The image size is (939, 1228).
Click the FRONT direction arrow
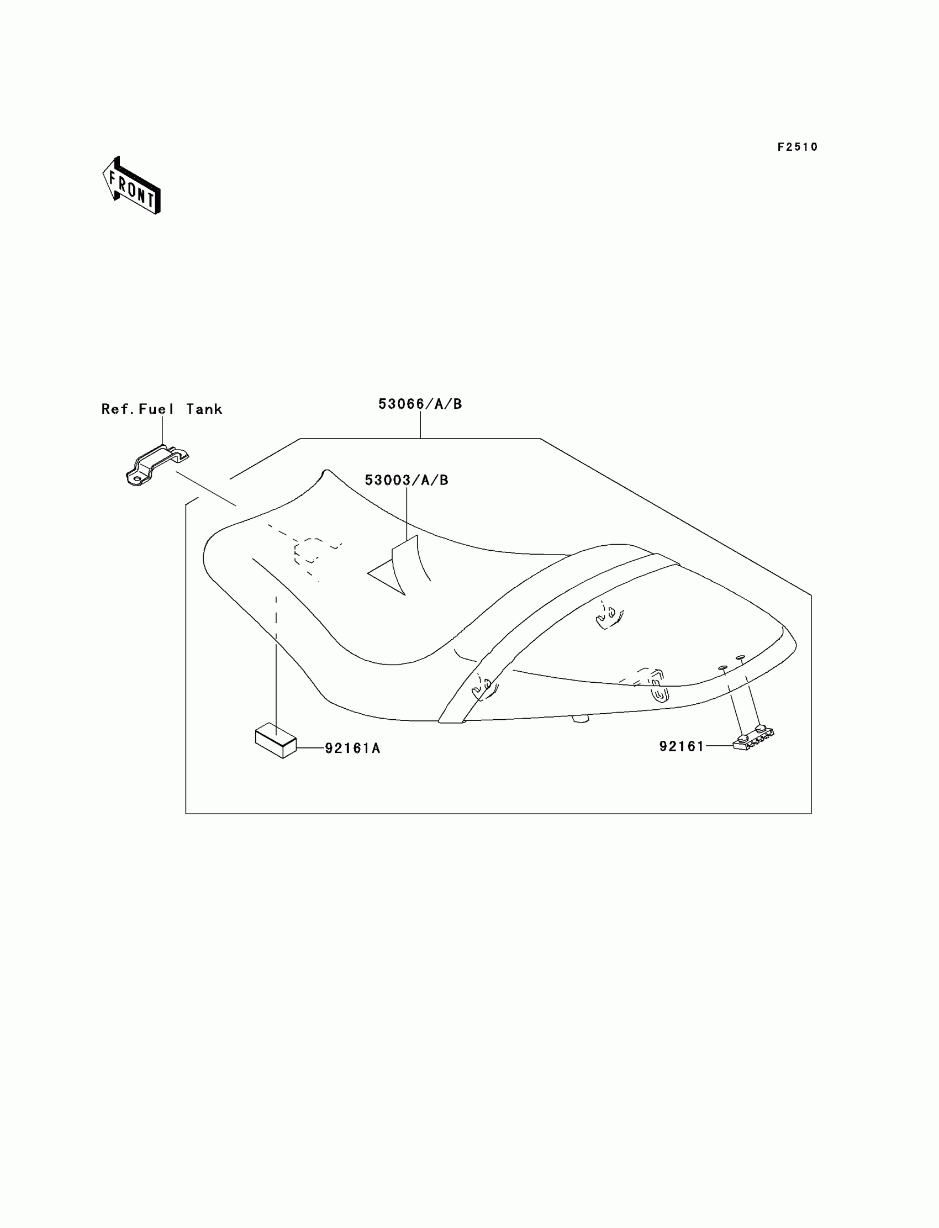(131, 186)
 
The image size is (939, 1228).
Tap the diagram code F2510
(797, 147)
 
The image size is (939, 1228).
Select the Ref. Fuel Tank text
(161, 409)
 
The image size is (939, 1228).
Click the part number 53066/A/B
(420, 404)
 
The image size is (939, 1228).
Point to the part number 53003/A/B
(407, 479)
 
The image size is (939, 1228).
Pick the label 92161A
(352, 748)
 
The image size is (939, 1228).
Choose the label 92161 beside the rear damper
(682, 746)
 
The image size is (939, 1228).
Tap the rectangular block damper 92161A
(276, 741)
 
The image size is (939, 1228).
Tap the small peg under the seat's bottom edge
(581, 719)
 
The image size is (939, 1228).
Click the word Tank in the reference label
(204, 409)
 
